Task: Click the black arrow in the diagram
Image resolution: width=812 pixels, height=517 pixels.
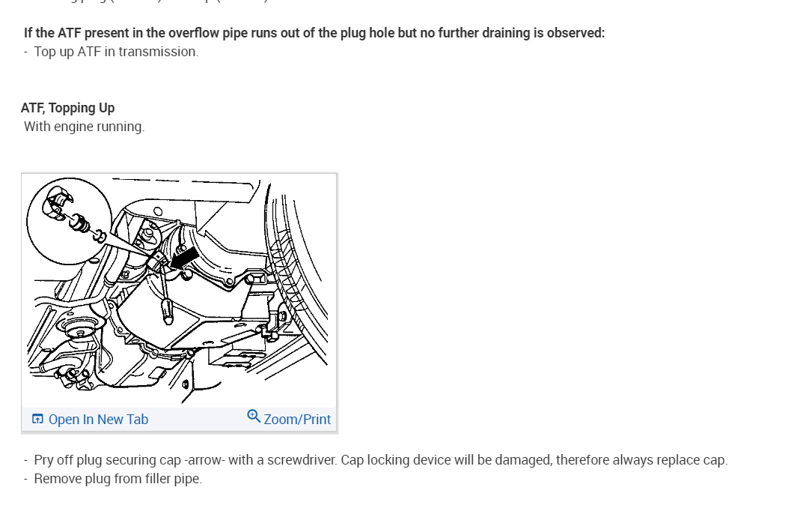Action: pyautogui.click(x=185, y=257)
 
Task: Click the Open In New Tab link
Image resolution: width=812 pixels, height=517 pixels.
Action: pyautogui.click(x=98, y=420)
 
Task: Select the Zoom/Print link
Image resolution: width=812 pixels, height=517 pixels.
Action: pyautogui.click(x=297, y=420)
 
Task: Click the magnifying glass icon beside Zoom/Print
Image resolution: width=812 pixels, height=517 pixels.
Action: pyautogui.click(x=254, y=417)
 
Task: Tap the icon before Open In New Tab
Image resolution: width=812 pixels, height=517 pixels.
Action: pyautogui.click(x=37, y=420)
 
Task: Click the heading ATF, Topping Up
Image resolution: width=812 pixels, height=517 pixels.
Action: pyautogui.click(x=68, y=108)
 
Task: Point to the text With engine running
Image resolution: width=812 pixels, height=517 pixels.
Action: pyautogui.click(x=84, y=127)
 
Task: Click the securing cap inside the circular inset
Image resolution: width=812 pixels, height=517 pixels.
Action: pyautogui.click(x=59, y=202)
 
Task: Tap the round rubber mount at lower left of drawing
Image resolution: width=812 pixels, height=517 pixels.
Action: pyautogui.click(x=77, y=330)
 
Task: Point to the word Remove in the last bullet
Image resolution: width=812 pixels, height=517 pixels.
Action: pyautogui.click(x=55, y=479)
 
